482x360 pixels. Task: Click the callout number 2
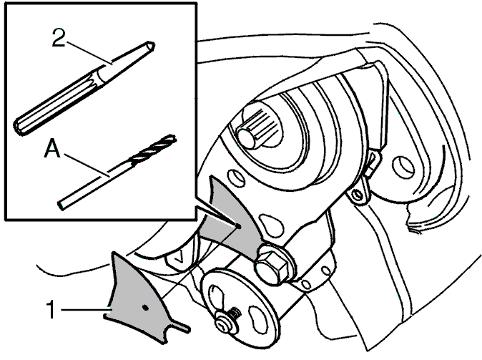point(59,37)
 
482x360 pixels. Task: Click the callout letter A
point(52,148)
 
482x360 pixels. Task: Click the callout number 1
point(51,310)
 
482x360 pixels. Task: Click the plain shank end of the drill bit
point(61,205)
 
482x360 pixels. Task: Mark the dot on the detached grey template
point(146,307)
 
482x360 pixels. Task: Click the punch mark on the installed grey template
point(239,226)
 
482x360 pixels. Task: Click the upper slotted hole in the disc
point(216,293)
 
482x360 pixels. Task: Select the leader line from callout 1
point(84,310)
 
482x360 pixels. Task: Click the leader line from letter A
point(86,165)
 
